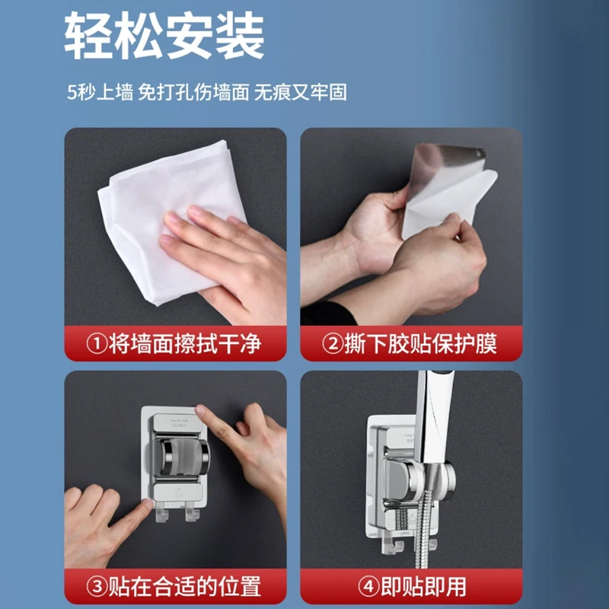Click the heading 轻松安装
(x=164, y=35)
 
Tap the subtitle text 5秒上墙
(x=100, y=92)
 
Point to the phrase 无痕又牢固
(x=300, y=92)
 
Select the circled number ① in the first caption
(x=97, y=344)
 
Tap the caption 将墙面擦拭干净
(x=184, y=344)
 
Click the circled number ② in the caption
(x=333, y=344)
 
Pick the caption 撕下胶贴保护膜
(x=421, y=344)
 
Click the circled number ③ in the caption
(x=97, y=586)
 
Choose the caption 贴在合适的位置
(x=184, y=586)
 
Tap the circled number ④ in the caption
(x=368, y=586)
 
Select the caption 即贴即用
(x=423, y=586)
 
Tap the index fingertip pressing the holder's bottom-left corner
(x=148, y=504)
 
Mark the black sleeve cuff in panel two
(x=328, y=314)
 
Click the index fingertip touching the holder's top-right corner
(x=200, y=410)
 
